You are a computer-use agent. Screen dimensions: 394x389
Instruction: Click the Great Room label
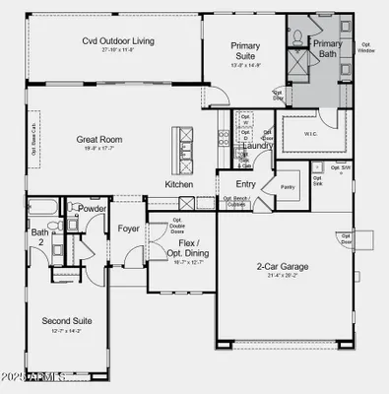(x=98, y=139)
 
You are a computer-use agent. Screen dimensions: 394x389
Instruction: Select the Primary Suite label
(x=244, y=51)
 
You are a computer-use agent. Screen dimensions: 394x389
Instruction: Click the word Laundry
(x=257, y=145)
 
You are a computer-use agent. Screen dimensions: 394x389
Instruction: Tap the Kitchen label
(x=178, y=184)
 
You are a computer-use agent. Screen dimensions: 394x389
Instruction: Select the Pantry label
(x=288, y=186)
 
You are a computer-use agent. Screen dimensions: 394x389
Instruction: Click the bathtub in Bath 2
(x=43, y=208)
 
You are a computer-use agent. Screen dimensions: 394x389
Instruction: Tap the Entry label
(x=244, y=184)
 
